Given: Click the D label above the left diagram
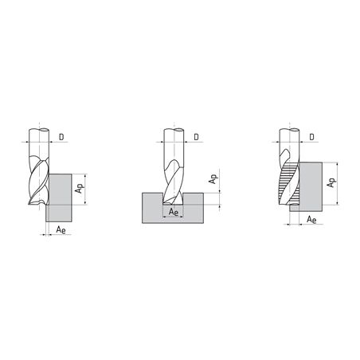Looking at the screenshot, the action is click(x=61, y=137).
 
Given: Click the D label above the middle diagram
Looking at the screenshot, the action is click(x=196, y=137).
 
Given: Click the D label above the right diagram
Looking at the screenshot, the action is click(x=311, y=137).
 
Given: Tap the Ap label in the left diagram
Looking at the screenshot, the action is click(x=80, y=188).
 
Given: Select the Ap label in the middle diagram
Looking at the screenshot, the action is click(x=213, y=179).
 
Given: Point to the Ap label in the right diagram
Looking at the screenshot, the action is click(x=331, y=182).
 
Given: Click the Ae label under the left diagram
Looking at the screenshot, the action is click(x=61, y=229).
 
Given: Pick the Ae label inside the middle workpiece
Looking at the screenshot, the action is click(x=174, y=212).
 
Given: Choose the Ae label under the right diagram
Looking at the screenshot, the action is click(x=311, y=220).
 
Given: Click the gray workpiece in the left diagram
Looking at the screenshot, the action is click(x=60, y=198).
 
